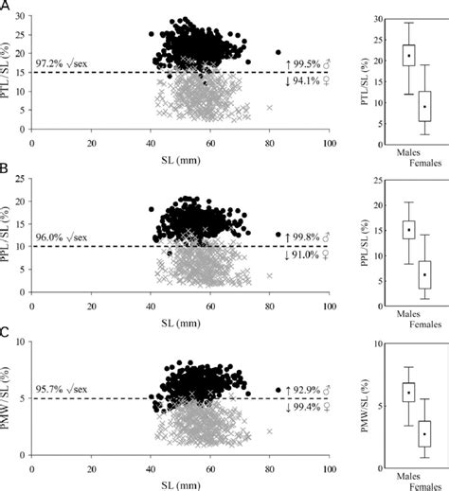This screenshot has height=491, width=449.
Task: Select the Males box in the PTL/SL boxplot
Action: point(408,55)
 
